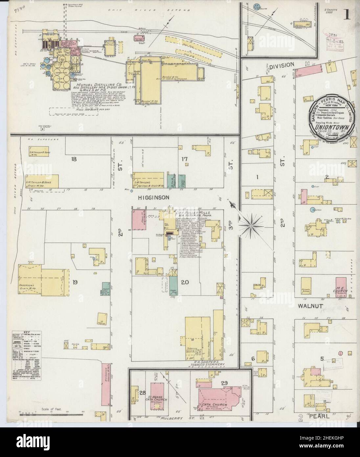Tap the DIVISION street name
[281, 65]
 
